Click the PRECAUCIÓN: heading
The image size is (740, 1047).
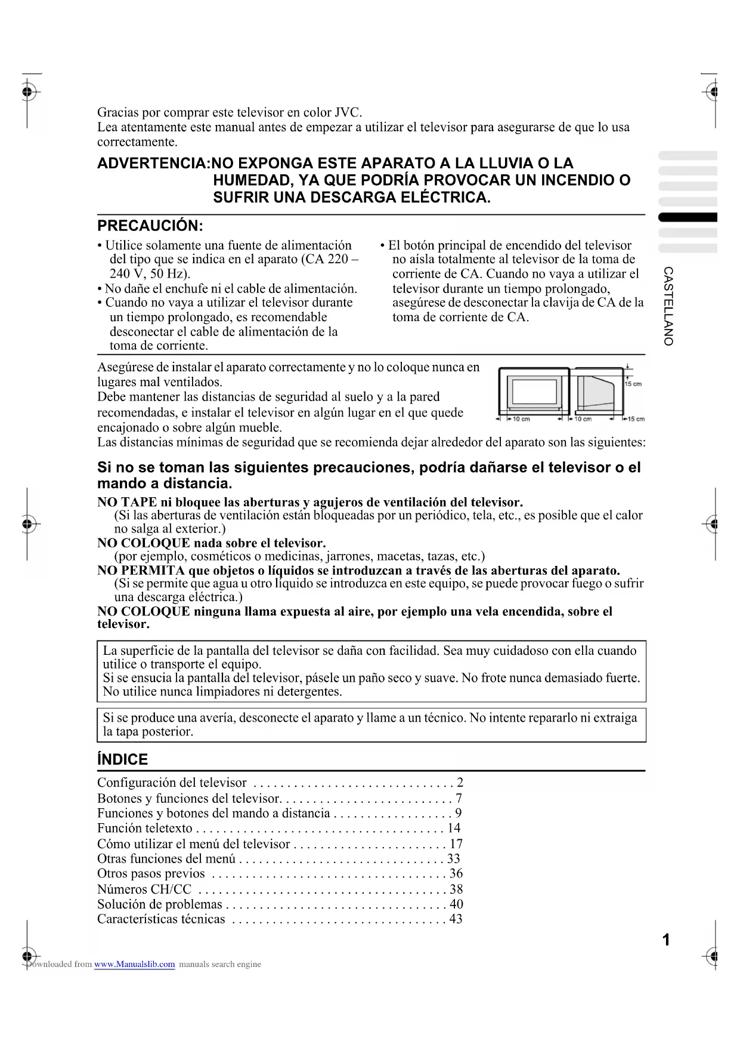(150, 226)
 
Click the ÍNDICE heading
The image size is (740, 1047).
(122, 759)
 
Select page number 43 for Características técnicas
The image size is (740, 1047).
(456, 919)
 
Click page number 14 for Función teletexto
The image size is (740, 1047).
(454, 828)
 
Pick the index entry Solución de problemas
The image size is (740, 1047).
(159, 904)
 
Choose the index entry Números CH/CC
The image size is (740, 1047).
(144, 889)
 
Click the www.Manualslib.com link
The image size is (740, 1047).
(134, 964)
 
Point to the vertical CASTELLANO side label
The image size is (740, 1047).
(668, 306)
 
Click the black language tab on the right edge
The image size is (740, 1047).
(688, 217)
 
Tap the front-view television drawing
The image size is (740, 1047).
(534, 392)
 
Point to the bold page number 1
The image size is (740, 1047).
(666, 940)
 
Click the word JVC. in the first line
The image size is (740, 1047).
(348, 112)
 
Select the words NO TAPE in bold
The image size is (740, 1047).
(127, 502)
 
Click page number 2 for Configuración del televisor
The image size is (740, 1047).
(460, 783)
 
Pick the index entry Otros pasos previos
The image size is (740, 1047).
(151, 873)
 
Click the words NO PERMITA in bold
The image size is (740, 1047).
(141, 570)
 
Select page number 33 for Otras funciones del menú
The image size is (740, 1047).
(454, 858)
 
